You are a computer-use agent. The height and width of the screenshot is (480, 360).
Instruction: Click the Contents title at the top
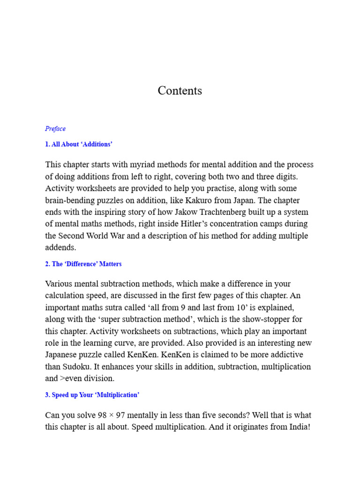point(180,91)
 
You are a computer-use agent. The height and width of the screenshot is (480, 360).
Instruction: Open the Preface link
point(55,129)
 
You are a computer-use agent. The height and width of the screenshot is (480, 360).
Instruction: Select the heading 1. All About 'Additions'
point(79,144)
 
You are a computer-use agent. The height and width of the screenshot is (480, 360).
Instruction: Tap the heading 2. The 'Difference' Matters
point(83,264)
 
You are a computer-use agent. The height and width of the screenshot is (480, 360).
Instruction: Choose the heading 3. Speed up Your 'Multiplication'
point(92,395)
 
